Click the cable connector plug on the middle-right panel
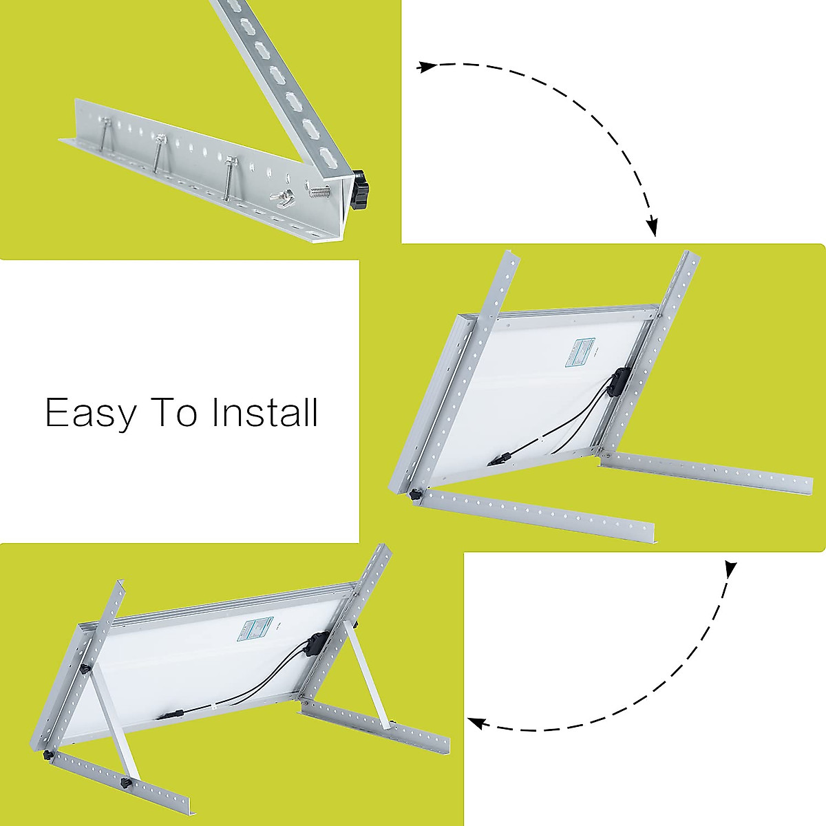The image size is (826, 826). [x=501, y=457]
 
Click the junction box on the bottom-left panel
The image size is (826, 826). [x=315, y=646]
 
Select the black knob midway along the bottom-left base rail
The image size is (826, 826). [x=126, y=785]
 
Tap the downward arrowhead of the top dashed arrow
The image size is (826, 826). [x=653, y=227]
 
